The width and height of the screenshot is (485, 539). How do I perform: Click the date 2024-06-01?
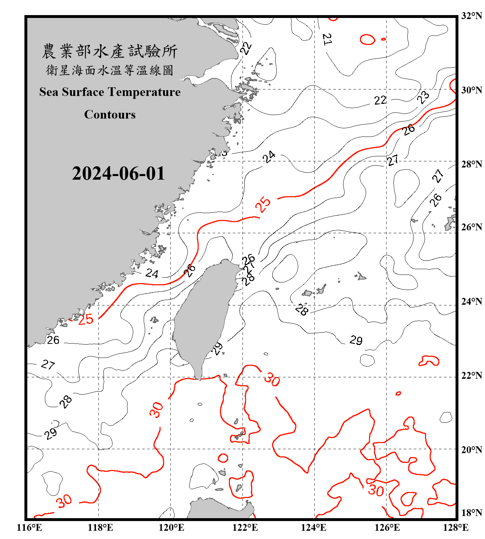point(118,173)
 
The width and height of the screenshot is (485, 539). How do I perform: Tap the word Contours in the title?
point(110,114)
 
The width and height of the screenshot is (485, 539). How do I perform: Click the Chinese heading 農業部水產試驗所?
point(110,51)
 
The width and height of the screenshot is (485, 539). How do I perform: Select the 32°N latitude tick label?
point(471,16)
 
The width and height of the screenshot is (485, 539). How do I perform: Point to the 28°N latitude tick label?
point(471,164)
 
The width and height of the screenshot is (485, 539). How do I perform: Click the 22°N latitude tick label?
point(471,376)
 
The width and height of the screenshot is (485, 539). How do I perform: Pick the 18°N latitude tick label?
point(471,513)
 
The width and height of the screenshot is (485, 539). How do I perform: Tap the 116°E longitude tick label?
point(29,528)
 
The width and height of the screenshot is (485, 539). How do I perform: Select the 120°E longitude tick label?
point(171,528)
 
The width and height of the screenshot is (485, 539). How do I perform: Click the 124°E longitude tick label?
point(314,528)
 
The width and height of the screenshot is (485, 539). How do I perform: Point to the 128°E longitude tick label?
point(456,528)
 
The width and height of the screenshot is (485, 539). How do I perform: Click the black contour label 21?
point(327,40)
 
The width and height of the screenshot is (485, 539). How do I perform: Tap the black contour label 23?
point(423,97)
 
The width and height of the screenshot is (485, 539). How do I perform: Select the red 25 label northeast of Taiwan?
point(263,204)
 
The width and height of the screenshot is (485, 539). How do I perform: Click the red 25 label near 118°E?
point(86,319)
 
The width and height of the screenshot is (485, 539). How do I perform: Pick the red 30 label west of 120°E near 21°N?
point(156,410)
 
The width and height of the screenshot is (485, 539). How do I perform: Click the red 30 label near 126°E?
point(376,490)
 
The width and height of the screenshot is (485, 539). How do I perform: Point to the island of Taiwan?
point(203,316)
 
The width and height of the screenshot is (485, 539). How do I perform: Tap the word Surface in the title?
point(83,92)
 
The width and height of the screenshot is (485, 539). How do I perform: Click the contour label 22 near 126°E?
point(380,100)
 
